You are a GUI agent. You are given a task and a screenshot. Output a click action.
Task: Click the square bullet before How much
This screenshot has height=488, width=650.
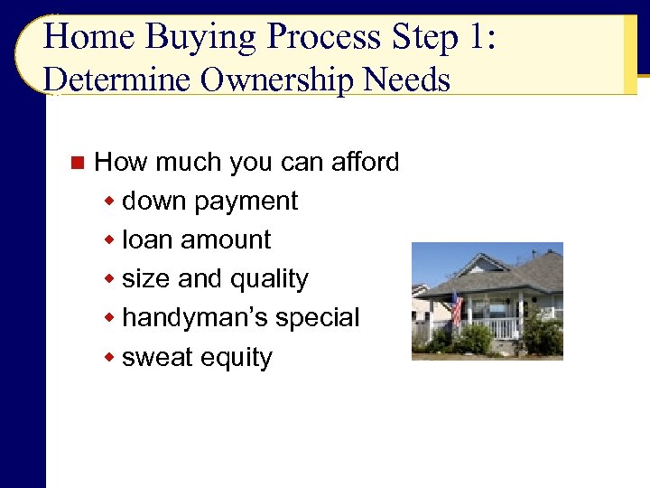point(77,164)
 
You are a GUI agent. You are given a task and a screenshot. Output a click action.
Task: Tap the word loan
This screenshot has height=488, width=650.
point(147,239)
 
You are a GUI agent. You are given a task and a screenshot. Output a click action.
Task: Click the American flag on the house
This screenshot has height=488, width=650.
point(457,310)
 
